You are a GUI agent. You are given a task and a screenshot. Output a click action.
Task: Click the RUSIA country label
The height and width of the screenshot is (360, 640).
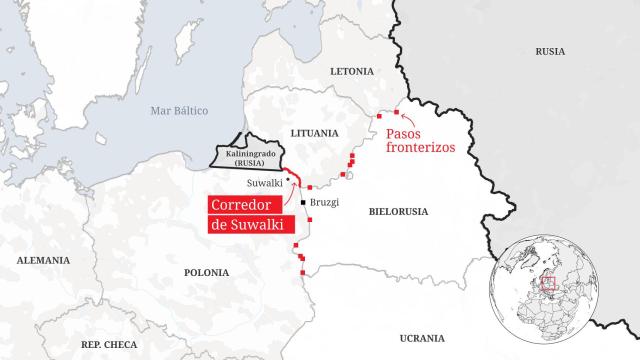550,51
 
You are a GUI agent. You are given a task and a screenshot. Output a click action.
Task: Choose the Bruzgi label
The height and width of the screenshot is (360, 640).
325,202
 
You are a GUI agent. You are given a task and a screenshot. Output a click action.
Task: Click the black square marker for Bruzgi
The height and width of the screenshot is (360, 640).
303,203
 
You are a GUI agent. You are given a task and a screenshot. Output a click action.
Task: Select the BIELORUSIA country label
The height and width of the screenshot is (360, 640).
398,213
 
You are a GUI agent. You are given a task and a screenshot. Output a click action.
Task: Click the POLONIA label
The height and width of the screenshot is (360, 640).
207,272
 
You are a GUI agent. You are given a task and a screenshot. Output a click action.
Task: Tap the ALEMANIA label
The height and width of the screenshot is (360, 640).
43,260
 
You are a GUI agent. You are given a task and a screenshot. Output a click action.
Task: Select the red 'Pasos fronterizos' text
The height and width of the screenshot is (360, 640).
420,139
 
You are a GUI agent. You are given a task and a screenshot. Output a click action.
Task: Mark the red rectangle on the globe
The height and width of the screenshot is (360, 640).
547,283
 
